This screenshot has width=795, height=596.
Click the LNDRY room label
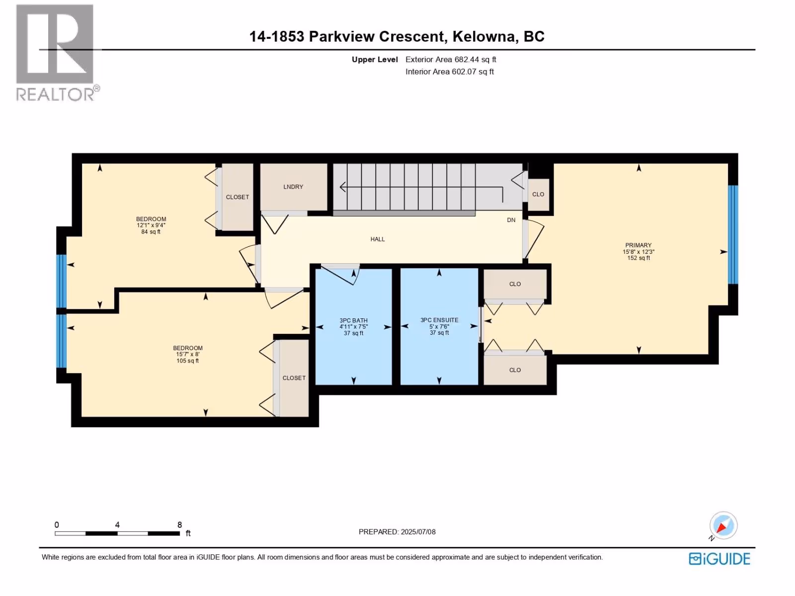[x=293, y=187]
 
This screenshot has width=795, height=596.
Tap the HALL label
[x=378, y=239]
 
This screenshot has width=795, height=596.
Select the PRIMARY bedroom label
[x=638, y=245]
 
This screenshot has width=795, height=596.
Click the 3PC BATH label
[x=353, y=320]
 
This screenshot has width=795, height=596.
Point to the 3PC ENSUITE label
[x=439, y=320]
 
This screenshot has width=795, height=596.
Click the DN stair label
[x=511, y=220]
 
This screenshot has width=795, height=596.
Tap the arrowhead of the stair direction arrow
[x=342, y=187]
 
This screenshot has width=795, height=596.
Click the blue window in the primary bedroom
[x=733, y=234]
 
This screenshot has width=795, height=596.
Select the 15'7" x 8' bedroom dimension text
[x=188, y=354]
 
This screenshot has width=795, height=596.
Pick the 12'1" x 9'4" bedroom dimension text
[x=151, y=225]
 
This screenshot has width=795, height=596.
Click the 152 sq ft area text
[x=638, y=258]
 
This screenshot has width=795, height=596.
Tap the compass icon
[x=723, y=525]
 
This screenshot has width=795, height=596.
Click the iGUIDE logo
[x=719, y=559]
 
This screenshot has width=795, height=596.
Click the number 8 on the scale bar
[x=180, y=524]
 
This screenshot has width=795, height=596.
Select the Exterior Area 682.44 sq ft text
[x=451, y=59]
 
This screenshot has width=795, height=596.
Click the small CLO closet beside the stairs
[x=538, y=194]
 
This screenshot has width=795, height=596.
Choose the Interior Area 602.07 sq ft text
[x=450, y=72]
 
